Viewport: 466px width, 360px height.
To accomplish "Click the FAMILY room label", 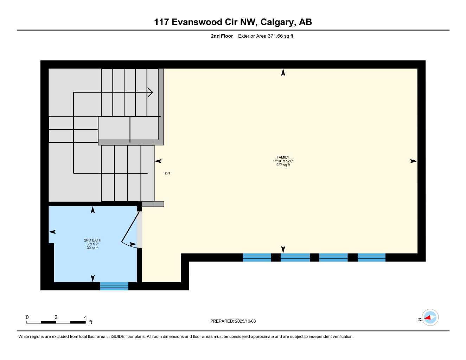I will pos(283,157).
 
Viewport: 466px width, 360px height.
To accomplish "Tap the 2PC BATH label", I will pos(92,240).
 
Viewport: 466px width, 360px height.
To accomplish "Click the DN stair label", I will pos(167,173).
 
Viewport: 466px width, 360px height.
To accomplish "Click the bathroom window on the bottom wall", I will pos(114,286).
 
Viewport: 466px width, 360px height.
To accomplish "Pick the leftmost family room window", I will pos(257,258).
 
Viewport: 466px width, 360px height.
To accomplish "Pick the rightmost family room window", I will pos(371,258).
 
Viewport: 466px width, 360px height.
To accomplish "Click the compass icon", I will pos(430,318).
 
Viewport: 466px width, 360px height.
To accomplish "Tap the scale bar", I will pos(56,322).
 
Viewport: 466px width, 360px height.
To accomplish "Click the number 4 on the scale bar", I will pos(85,317).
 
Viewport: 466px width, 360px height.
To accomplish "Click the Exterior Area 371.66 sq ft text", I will pos(266,36).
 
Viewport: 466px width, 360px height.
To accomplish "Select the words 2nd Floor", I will pos(222,36).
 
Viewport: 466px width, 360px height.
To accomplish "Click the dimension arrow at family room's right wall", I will pos(413,161).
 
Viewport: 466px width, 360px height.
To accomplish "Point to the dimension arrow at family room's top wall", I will pos(283,72).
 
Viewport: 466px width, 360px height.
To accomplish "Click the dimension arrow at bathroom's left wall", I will pos(52,232).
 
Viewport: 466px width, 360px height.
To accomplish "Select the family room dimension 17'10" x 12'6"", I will pos(283,161).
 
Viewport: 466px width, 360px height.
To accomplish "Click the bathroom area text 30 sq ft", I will pos(92,248).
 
